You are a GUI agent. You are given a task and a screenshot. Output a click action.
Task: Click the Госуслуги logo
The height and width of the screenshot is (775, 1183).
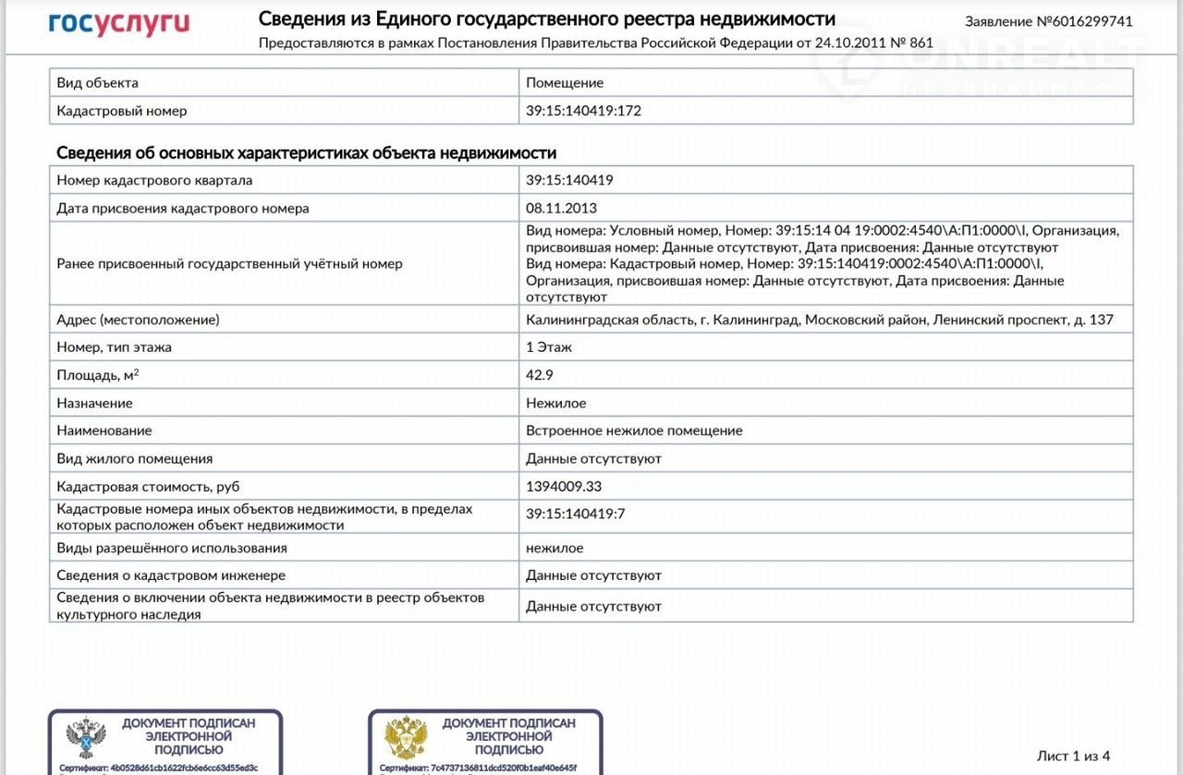pyautogui.click(x=118, y=23)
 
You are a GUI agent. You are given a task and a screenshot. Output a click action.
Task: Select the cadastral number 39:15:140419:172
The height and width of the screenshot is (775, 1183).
pyautogui.click(x=583, y=111)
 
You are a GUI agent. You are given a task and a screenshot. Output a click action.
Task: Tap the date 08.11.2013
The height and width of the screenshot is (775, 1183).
pyautogui.click(x=561, y=208)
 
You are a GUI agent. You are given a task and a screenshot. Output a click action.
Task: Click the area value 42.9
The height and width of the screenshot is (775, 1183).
pyautogui.click(x=540, y=375)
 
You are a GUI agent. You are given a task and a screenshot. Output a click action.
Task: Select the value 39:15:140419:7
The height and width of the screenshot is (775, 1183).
pyautogui.click(x=576, y=514)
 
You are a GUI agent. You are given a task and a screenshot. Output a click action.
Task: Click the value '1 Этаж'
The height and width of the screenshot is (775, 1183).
pyautogui.click(x=549, y=347)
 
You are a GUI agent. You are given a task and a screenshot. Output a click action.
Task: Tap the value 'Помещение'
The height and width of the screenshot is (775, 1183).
pyautogui.click(x=565, y=83)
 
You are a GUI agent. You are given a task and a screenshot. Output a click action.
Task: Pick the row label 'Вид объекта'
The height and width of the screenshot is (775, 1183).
pyautogui.click(x=97, y=83)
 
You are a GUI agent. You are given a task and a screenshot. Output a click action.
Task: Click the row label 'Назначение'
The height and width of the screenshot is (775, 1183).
pyautogui.click(x=94, y=403)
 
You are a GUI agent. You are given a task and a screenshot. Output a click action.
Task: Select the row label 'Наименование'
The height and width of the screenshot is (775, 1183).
pyautogui.click(x=104, y=430)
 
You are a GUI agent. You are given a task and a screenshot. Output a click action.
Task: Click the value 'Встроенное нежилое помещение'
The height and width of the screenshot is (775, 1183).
pyautogui.click(x=634, y=430)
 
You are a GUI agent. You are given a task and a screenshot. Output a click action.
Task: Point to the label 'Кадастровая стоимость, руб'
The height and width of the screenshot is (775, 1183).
pyautogui.click(x=148, y=486)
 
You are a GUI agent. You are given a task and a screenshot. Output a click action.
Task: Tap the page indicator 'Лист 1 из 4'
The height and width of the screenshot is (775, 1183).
pyautogui.click(x=1073, y=756)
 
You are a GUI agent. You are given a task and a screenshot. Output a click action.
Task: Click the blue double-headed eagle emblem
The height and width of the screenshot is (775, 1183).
pyautogui.click(x=85, y=738)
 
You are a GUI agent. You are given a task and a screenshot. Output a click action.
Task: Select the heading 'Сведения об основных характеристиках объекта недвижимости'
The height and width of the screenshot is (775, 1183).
pyautogui.click(x=306, y=152)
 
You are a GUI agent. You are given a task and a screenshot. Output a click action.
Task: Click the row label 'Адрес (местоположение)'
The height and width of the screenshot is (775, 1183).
pyautogui.click(x=138, y=320)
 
